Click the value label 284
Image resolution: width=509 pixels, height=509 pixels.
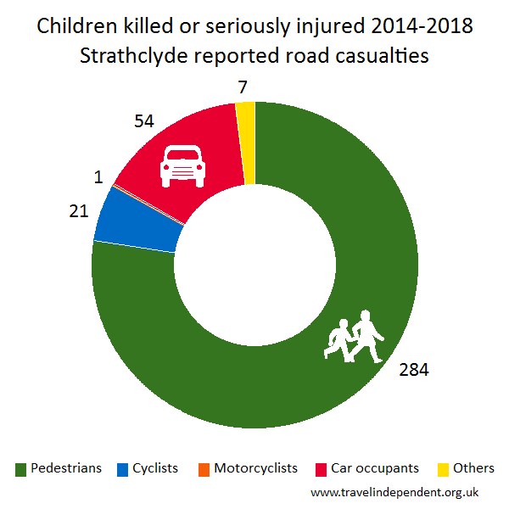(x=414, y=370)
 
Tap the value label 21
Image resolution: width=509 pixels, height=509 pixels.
(x=78, y=210)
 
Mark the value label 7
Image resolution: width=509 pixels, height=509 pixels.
(x=243, y=87)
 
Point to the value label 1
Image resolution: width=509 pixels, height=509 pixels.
(x=98, y=178)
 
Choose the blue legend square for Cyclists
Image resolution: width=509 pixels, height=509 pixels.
(x=122, y=469)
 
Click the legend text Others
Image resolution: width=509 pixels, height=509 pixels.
(x=473, y=468)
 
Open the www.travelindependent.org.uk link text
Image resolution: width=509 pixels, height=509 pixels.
(x=395, y=491)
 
